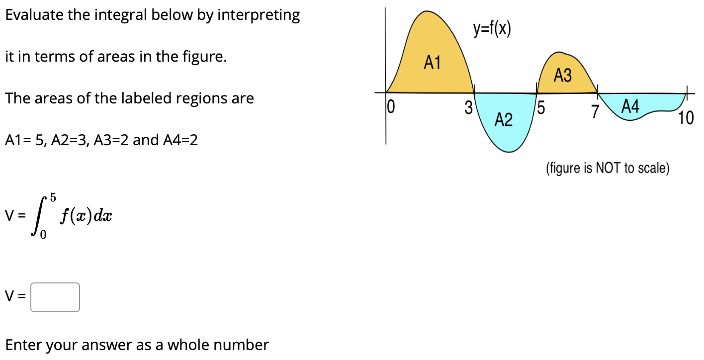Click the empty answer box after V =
pos(55,297)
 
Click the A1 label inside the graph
pos(432,63)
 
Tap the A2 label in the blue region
pos(504,120)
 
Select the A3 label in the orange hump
pos(563,76)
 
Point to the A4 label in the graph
pos(630,106)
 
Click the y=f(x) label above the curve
pos(492,30)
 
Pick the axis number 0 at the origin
pos(391,106)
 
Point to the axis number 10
pos(685,118)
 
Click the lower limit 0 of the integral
pos(43,237)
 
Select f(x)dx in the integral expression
pos(86,217)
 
